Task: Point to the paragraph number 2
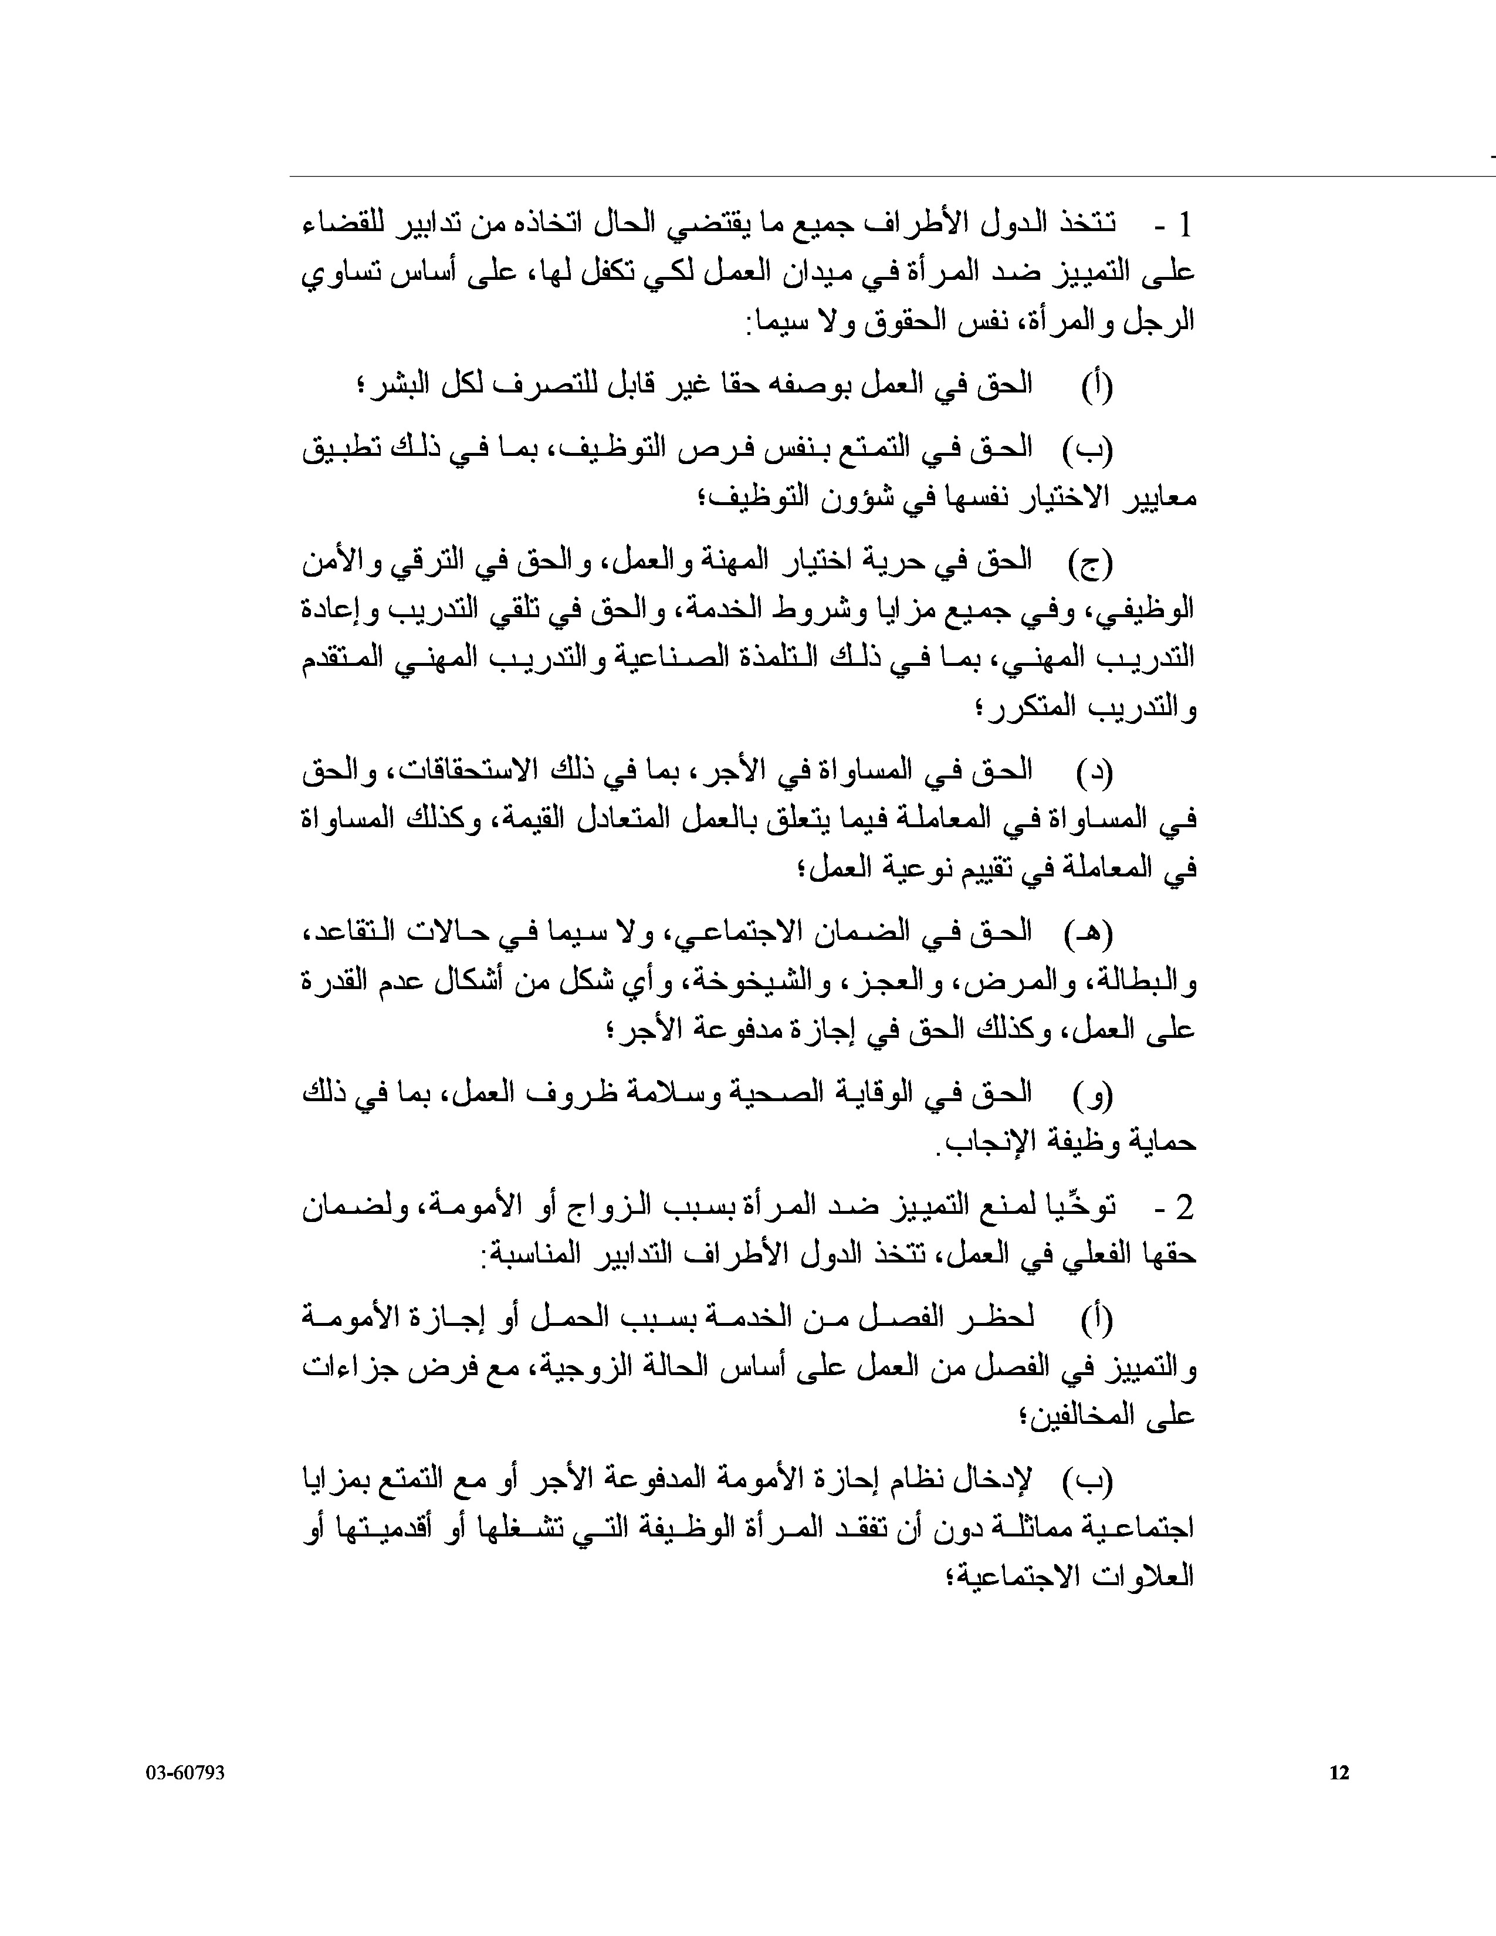[x=1186, y=1207]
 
